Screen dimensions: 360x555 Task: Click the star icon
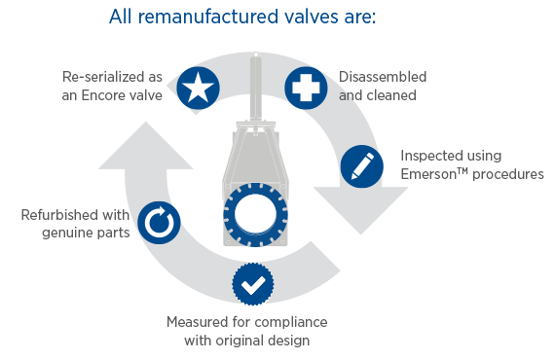[x=199, y=89]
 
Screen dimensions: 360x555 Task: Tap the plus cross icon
[x=305, y=89]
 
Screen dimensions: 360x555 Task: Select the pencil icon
[x=360, y=166]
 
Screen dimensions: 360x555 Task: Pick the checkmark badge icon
[x=252, y=285]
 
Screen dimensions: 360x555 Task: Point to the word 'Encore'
[x=128, y=94]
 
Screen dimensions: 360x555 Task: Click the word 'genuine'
[x=70, y=234]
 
